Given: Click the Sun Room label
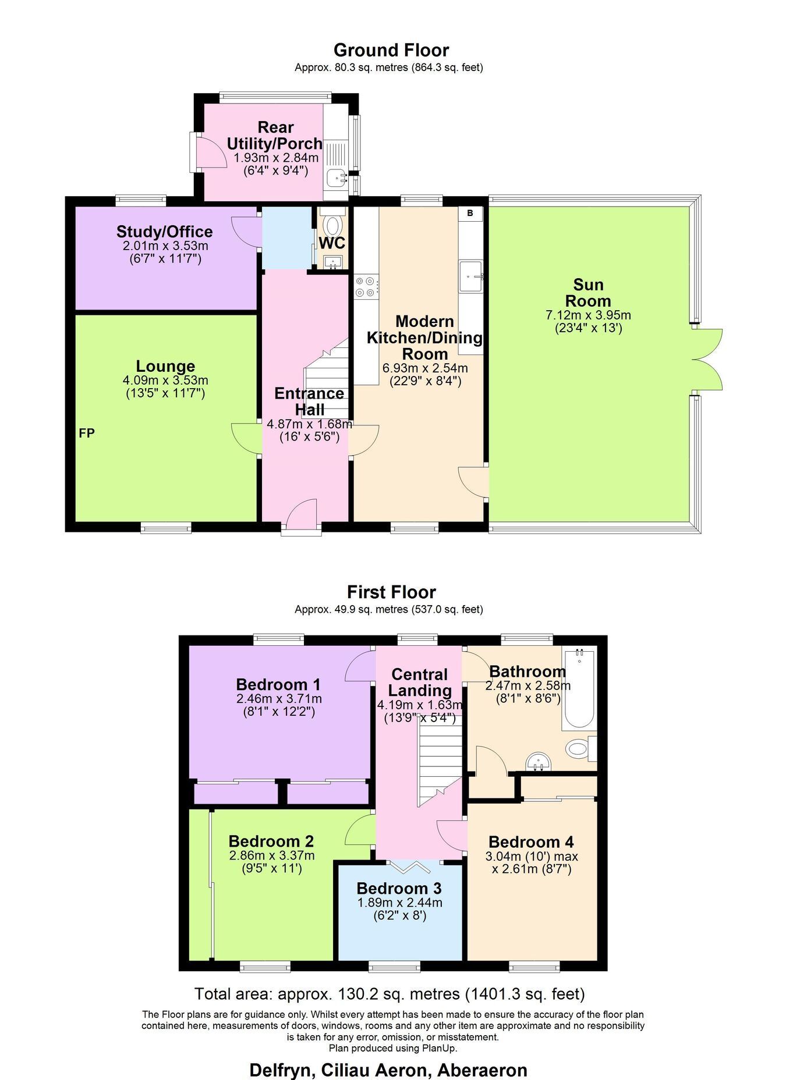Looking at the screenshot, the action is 588,293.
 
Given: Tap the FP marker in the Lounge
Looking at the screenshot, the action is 87,433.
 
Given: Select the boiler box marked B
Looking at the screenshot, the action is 470,214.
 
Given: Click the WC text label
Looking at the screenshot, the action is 332,242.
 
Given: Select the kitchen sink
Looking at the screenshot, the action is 471,276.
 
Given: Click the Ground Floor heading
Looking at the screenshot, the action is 391,50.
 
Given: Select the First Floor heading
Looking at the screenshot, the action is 391,592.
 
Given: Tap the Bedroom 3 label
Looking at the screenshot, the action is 399,889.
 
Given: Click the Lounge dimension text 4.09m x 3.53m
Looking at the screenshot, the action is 165,381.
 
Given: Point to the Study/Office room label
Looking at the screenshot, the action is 165,232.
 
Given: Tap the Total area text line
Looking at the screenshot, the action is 390,993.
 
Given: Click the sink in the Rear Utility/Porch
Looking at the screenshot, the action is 337,177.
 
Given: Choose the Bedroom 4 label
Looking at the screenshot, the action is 531,842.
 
